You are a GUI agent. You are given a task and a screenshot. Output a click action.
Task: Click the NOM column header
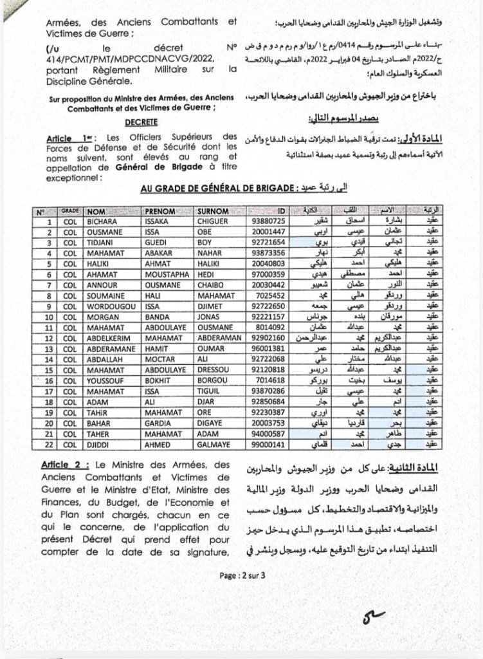coord(96,211)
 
